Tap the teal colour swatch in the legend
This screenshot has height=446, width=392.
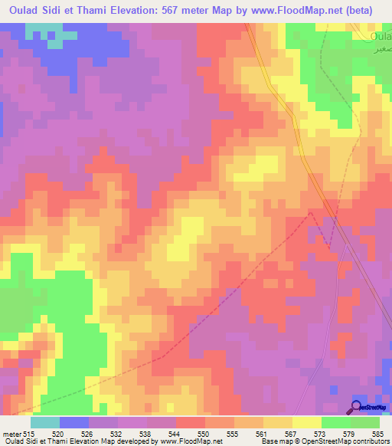click(44, 422)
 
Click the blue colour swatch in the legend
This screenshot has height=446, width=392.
click(73, 422)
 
